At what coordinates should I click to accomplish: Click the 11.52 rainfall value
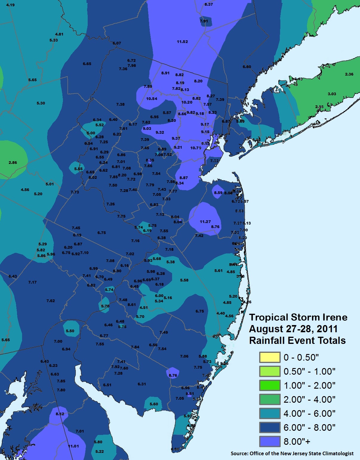182,42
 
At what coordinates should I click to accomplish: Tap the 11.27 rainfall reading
205,222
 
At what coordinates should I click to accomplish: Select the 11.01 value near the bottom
73,446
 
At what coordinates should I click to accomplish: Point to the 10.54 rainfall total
152,99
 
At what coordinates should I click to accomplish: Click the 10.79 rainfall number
196,148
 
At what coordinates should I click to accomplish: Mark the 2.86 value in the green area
13,163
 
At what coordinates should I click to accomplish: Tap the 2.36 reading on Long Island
349,74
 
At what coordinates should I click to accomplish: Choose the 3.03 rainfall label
332,94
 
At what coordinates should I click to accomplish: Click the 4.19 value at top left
10,5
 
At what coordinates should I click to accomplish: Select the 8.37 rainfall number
209,4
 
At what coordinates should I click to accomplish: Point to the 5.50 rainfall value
70,331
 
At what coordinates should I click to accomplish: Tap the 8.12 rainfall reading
60,414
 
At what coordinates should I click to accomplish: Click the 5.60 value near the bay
154,404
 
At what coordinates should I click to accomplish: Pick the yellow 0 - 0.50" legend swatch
270,357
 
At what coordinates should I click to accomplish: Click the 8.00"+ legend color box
270,441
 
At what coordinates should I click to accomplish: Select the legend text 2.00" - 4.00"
309,399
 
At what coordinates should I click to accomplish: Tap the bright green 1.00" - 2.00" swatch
270,385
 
